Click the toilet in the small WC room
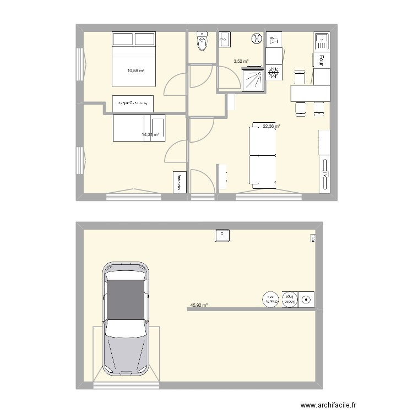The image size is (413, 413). click(x=203, y=42)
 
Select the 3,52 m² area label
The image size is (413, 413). click(x=241, y=62)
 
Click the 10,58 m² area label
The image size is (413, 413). click(x=135, y=70)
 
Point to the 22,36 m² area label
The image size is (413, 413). click(x=271, y=126)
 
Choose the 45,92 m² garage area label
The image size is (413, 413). click(x=199, y=304)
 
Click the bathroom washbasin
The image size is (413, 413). click(x=225, y=39)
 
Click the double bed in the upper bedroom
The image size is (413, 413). click(x=135, y=59)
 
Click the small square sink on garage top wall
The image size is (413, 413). click(x=222, y=235)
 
